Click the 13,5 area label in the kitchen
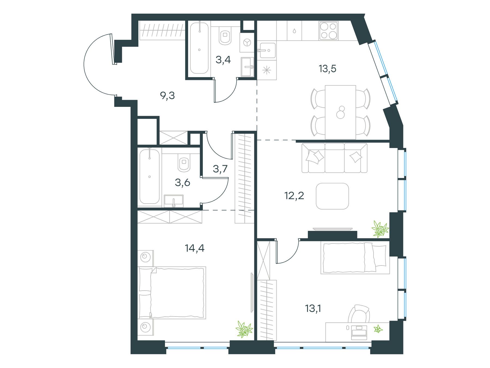coord(327,69)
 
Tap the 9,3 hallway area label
coord(167,96)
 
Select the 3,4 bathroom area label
coord(223,60)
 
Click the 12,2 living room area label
coord(294,195)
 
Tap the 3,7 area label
coord(220,169)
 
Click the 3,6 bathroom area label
coord(182,183)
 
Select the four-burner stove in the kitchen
coord(329,31)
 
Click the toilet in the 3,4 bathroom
coord(225,35)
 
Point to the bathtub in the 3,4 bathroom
coord(200,48)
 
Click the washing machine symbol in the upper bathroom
coord(247,43)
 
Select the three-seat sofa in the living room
coord(335,158)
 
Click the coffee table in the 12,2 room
coord(332,196)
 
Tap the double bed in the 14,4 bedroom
coord(172,293)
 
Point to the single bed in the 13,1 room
coord(355,258)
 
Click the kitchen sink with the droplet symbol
coord(294,31)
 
